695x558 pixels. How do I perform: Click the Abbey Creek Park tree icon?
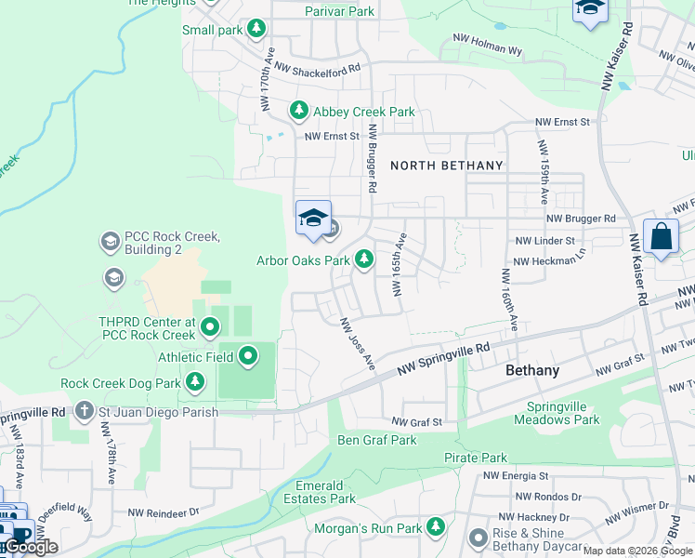point(299,112)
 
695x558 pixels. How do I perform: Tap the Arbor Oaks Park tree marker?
point(364,260)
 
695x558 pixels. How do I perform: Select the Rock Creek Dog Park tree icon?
point(194,382)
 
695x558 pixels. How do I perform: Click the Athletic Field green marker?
point(248,356)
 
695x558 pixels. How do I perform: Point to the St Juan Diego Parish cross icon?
point(84,411)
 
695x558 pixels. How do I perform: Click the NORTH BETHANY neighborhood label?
point(446,166)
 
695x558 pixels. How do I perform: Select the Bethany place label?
point(532,370)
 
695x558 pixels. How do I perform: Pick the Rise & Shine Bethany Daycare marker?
point(479,538)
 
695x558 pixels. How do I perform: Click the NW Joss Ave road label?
point(357,342)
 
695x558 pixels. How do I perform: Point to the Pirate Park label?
point(476,458)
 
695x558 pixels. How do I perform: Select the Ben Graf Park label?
point(376,440)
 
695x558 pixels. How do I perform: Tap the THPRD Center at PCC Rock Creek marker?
point(210,326)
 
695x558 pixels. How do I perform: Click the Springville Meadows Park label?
point(563,413)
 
